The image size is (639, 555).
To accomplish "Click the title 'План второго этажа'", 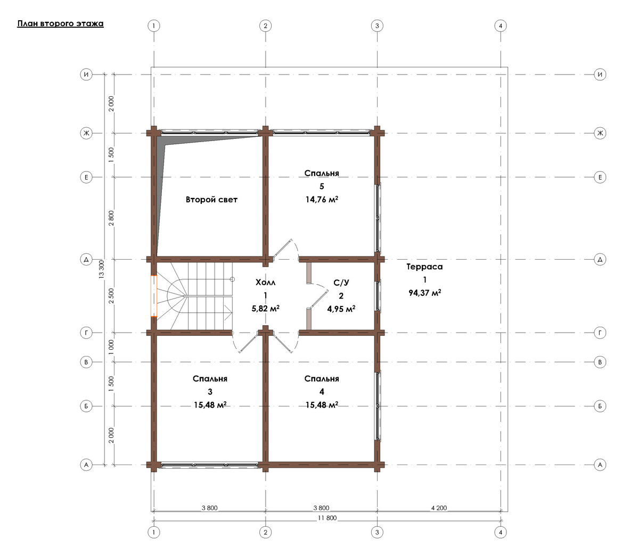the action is pos(60,24).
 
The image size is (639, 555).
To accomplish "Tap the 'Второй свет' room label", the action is pos(211,200).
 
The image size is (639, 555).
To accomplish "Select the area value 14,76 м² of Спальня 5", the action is pos(322,200).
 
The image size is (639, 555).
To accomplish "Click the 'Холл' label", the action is pos(266,283).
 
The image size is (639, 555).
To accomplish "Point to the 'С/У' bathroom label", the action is pos(341,283).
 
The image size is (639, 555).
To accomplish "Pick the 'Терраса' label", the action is pos(424,267).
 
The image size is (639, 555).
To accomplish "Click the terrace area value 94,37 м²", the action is pos(425,293).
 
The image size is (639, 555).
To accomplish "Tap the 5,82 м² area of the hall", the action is pos(266,309).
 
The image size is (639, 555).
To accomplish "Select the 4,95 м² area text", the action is pos(341,309).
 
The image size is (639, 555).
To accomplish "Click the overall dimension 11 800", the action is pos(327,518).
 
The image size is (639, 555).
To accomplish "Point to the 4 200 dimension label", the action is pos(439,508).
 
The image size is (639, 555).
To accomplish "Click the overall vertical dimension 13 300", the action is pos(101,269).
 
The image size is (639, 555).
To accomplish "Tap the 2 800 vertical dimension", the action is pos(111,218).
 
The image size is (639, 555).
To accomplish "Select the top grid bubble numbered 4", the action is pos(501,26).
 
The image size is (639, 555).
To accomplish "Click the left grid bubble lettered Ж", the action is pos(86,133).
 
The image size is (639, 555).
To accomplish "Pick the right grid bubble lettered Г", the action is pos(600,333).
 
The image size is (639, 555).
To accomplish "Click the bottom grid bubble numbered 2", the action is pos(266,532).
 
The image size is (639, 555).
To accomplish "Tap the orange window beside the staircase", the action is pos(154,296).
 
